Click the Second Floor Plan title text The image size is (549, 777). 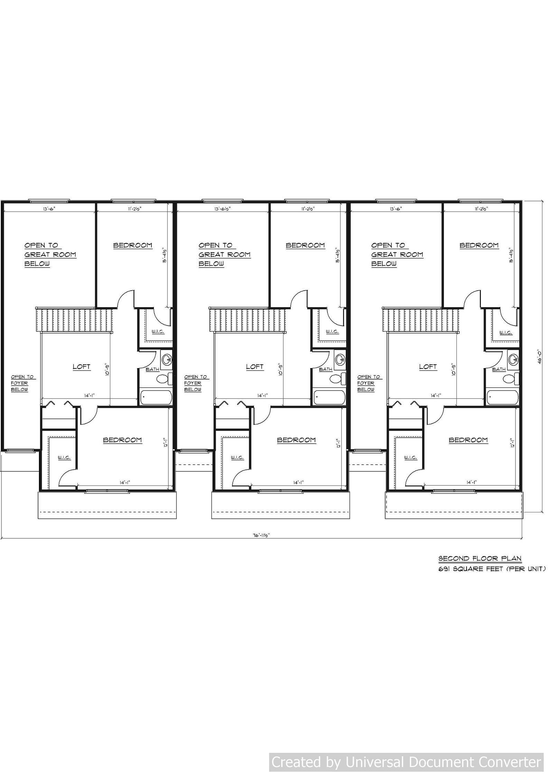tap(480, 558)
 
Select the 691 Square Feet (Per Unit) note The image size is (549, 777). tap(492, 569)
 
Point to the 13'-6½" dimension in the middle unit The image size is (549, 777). tap(222, 209)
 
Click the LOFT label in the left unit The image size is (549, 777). tap(82, 367)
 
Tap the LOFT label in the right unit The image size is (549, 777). tap(428, 367)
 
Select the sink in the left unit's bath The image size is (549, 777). tap(167, 359)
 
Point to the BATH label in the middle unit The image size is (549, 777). tap(326, 369)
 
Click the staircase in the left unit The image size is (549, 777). tap(75, 320)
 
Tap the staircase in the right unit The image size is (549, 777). tap(421, 320)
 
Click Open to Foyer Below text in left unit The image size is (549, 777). tap(22, 383)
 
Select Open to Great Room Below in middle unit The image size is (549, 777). tap(224, 255)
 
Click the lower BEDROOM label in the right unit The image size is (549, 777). tap(468, 440)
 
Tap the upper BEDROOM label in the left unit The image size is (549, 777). tap(133, 246)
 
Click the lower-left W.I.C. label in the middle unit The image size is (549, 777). tap(238, 458)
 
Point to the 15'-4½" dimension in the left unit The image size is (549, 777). tap(165, 256)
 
